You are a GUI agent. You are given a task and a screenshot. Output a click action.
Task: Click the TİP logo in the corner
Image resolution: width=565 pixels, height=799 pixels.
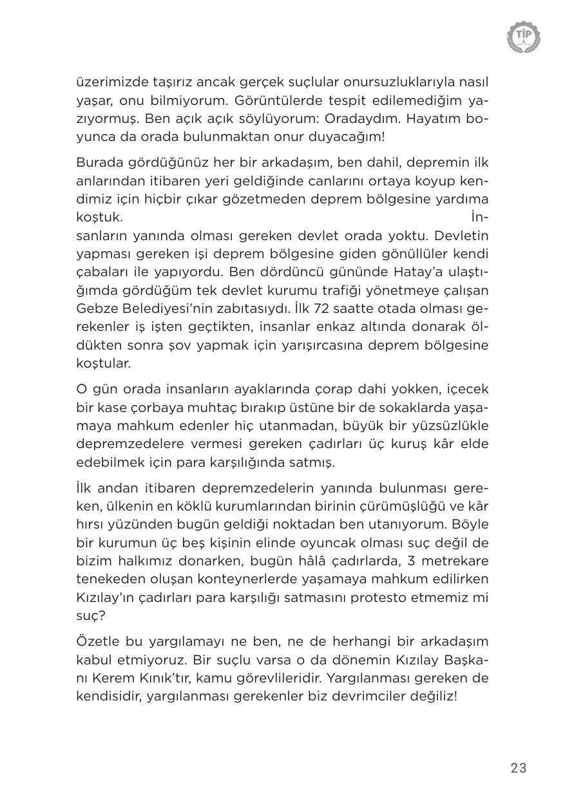523,37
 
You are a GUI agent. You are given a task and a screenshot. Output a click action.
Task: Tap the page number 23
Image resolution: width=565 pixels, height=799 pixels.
518,768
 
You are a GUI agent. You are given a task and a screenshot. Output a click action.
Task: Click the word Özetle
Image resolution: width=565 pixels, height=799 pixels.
96,641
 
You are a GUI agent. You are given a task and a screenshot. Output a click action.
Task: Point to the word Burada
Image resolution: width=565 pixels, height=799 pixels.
97,162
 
